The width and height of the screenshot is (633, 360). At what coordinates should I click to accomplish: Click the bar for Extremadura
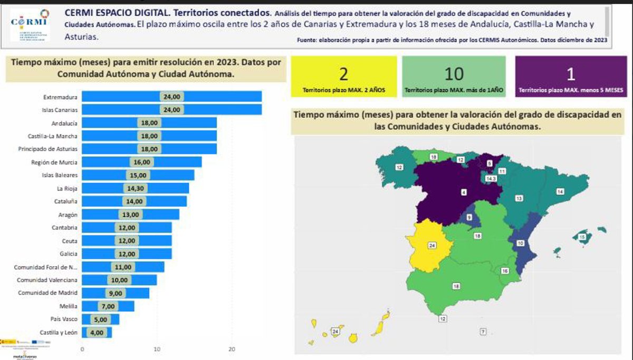pyautogui.click(x=172, y=97)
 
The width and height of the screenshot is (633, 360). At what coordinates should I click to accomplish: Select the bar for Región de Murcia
pyautogui.click(x=142, y=162)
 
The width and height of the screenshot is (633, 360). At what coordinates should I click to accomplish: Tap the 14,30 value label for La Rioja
pyautogui.click(x=136, y=188)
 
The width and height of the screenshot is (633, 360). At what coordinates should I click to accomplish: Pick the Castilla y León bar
pyautogui.click(x=97, y=333)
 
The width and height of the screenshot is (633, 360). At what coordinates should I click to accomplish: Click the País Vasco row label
pyautogui.click(x=64, y=319)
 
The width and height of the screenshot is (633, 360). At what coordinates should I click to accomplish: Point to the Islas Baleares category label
pyautogui.click(x=60, y=175)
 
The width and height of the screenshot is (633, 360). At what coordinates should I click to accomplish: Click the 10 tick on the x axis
pyautogui.click(x=157, y=349)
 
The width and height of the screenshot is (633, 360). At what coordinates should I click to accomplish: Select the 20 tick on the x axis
pyautogui.click(x=231, y=349)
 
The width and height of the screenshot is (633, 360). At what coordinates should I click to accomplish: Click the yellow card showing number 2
pyautogui.click(x=343, y=77)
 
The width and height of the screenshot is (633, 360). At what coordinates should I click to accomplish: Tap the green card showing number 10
pyautogui.click(x=454, y=77)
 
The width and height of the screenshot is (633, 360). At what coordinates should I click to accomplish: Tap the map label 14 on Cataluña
pyautogui.click(x=560, y=191)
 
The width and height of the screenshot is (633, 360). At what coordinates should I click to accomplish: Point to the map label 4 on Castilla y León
pyautogui.click(x=464, y=193)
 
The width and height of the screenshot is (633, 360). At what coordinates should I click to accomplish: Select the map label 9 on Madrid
pyautogui.click(x=469, y=217)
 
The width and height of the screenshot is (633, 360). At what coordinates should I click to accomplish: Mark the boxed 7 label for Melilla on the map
pyautogui.click(x=483, y=331)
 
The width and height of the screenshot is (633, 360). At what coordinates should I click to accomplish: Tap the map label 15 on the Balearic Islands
pyautogui.click(x=582, y=238)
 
